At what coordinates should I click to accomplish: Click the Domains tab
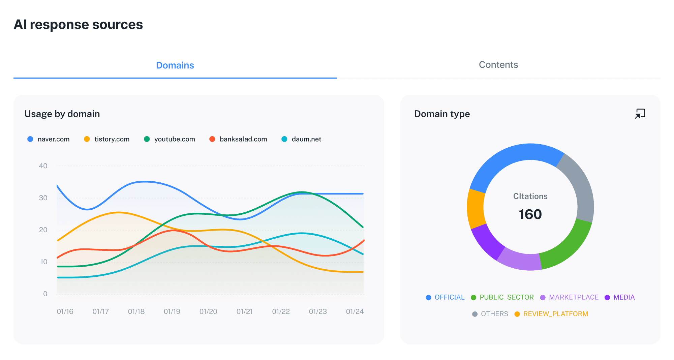175,65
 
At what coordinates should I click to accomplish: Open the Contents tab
498,65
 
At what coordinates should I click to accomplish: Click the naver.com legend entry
49,139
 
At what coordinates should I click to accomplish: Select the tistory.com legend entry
107,139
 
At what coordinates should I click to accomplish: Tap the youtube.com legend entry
170,139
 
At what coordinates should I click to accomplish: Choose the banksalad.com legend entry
239,139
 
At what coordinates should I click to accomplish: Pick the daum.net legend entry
302,139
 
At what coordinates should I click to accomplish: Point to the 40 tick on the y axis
43,166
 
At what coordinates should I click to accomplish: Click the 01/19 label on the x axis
172,311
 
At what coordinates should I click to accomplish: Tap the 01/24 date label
355,311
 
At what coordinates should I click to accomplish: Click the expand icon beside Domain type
640,114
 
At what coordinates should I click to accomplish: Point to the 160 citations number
530,214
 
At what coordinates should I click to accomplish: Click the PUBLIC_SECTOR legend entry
502,297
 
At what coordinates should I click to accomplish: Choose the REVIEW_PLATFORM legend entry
551,314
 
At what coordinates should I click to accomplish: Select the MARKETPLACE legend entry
570,297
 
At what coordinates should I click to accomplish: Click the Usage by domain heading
62,114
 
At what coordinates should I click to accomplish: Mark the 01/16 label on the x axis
65,311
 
